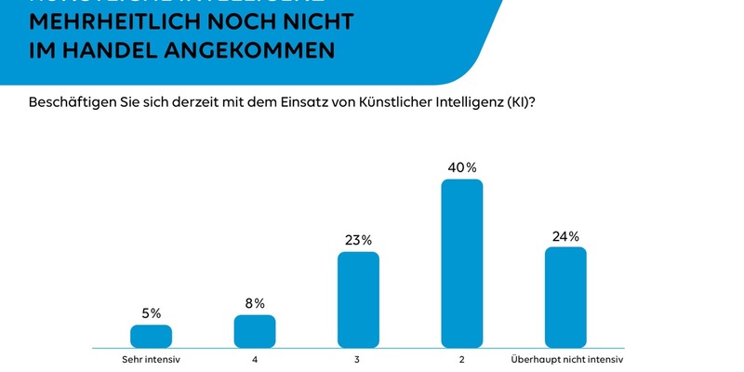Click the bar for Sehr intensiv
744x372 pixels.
[151, 336]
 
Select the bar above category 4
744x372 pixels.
[255, 331]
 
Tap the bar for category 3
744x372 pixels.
[358, 299]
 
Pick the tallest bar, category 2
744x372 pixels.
[462, 263]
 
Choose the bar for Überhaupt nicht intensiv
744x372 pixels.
[565, 297]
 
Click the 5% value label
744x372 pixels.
[151, 313]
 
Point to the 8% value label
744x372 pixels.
[255, 303]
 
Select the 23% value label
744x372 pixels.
[358, 239]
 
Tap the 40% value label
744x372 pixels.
[462, 167]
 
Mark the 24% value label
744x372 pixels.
[565, 235]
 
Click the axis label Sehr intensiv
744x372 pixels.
[151, 359]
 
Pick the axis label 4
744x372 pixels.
[255, 359]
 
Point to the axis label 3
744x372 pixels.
[358, 359]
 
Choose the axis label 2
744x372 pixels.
[462, 359]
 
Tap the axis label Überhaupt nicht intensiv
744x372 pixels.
[567, 359]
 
